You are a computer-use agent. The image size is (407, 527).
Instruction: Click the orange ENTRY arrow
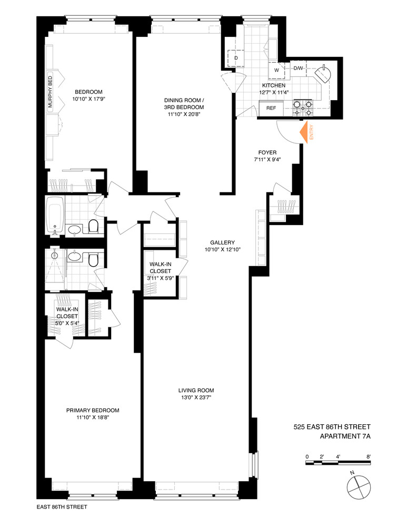tap(304, 132)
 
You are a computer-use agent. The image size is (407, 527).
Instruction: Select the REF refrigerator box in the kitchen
tap(271, 108)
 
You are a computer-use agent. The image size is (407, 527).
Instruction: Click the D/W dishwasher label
tap(298, 69)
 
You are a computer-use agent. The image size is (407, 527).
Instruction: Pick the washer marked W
tap(276, 70)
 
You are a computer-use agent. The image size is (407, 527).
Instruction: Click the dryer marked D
tap(235, 57)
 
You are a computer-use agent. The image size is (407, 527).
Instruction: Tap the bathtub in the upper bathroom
tap(55, 216)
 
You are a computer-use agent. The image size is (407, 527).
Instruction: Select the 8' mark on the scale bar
tap(369, 456)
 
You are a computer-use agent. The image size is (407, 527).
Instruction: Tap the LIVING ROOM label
tap(195, 391)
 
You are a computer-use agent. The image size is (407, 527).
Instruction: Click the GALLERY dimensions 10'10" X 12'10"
tap(222, 250)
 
